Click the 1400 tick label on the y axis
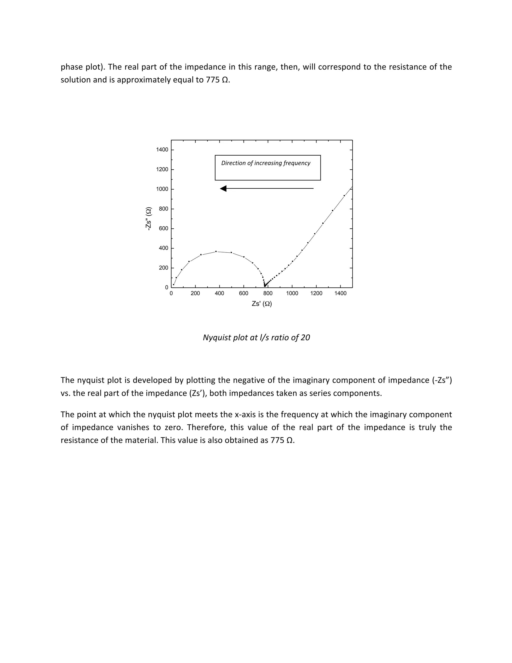coord(162,150)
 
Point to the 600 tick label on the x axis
coord(243,293)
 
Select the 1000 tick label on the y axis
coord(162,189)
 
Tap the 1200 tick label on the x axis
coord(316,293)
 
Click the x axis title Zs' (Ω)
coord(261,303)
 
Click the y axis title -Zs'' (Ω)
coord(149,219)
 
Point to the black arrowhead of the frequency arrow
coord(223,189)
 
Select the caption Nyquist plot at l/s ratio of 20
coord(256,338)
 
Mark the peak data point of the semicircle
coord(216,251)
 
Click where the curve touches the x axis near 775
coord(265,286)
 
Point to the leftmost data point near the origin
coord(173,284)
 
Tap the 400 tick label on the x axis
coord(219,293)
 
